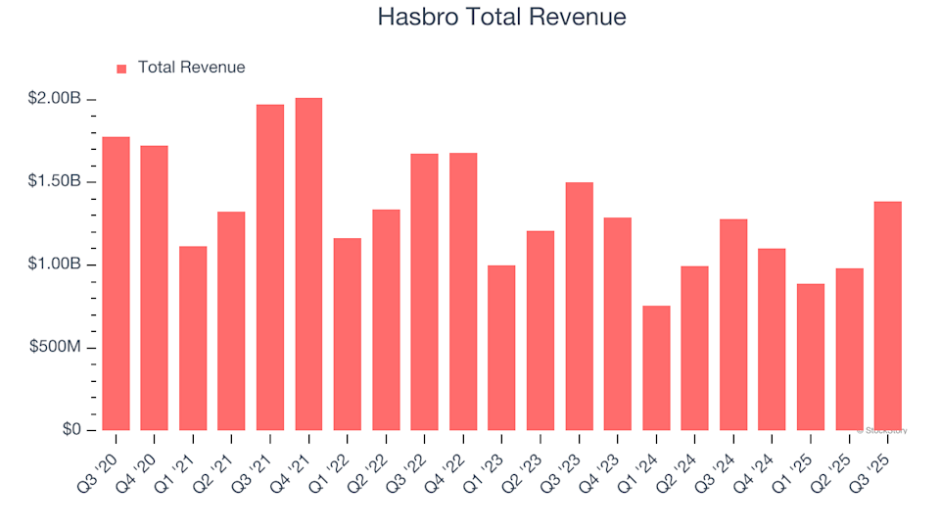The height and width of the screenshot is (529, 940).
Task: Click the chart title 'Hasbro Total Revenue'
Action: (501, 17)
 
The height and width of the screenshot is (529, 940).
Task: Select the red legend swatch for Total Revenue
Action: (121, 69)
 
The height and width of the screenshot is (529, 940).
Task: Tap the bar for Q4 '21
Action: (308, 264)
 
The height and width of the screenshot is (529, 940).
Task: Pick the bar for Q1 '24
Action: (656, 368)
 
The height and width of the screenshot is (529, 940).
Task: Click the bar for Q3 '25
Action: (888, 315)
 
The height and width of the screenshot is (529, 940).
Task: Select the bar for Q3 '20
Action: (116, 284)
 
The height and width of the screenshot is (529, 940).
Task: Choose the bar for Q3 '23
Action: (579, 307)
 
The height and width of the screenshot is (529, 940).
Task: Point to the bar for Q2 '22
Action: (386, 320)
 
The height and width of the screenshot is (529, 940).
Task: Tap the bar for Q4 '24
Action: (772, 340)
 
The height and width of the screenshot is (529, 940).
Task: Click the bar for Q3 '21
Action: (270, 267)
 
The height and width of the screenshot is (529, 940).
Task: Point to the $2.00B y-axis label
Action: (54, 100)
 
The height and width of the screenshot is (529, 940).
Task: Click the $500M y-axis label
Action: (54, 348)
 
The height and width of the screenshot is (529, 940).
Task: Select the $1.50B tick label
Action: (54, 182)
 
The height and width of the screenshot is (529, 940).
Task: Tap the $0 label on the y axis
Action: (70, 430)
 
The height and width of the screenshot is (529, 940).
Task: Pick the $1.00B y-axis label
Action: (54, 265)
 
